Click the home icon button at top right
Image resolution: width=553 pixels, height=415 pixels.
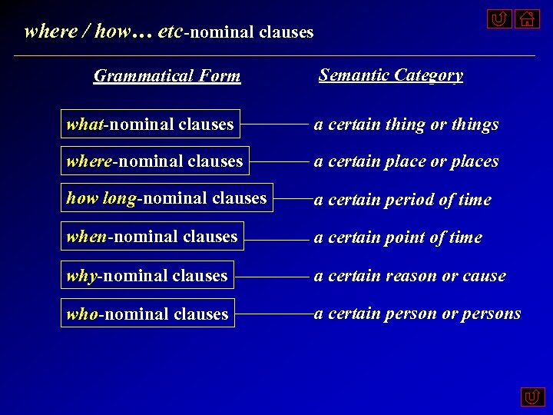pyautogui.click(x=527, y=18)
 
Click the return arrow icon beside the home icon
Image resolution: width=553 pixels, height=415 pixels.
pyautogui.click(x=499, y=18)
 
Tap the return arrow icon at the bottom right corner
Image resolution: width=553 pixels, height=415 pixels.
pyautogui.click(x=532, y=397)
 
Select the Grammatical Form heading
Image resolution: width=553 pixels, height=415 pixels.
pyautogui.click(x=167, y=76)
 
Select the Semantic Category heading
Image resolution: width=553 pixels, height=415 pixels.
pyautogui.click(x=391, y=75)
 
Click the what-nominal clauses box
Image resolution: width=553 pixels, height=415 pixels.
pyautogui.click(x=151, y=124)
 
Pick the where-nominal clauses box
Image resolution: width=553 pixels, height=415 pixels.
pyautogui.click(x=155, y=161)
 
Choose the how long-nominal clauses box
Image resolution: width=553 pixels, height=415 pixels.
pyautogui.click(x=167, y=198)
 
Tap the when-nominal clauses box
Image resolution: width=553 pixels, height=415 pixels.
pyautogui.click(x=152, y=237)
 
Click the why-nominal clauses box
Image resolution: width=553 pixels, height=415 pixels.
pyautogui.click(x=147, y=275)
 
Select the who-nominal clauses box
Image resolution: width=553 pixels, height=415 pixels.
pyautogui.click(x=147, y=314)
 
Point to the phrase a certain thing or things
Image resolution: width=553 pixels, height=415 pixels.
pyautogui.click(x=406, y=124)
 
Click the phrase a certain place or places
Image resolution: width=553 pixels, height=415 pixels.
pyautogui.click(x=406, y=162)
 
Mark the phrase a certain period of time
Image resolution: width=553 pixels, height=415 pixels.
pyautogui.click(x=402, y=200)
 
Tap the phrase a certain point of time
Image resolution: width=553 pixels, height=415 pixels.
pyautogui.click(x=398, y=238)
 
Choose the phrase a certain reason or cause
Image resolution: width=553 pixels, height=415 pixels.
pyautogui.click(x=410, y=276)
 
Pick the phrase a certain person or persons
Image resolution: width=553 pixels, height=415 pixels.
pyautogui.click(x=418, y=314)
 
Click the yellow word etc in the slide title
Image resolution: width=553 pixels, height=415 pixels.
pyautogui.click(x=168, y=32)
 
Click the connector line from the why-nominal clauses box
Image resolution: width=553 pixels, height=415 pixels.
pyautogui.click(x=272, y=275)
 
